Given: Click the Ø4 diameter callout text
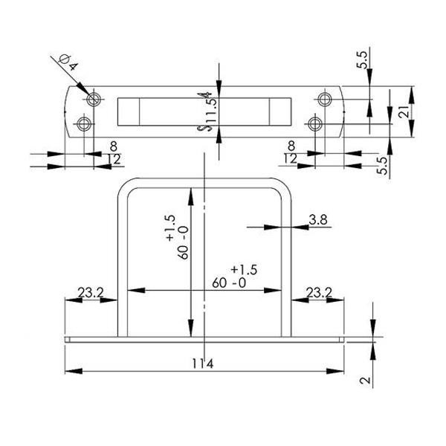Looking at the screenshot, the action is pyautogui.click(x=68, y=62).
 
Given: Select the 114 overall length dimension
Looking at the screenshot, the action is pyautogui.click(x=202, y=363).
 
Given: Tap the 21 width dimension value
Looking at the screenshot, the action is pyautogui.click(x=404, y=111).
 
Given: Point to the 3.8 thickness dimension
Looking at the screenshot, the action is pyautogui.click(x=318, y=219).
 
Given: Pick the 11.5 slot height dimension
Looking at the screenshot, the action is pyautogui.click(x=212, y=110).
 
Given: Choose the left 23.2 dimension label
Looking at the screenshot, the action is pyautogui.click(x=91, y=292).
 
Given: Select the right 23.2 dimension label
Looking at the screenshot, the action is pyautogui.click(x=319, y=292).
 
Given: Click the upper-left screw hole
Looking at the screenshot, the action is pyautogui.click(x=94, y=100).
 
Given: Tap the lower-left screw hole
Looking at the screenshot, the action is pyautogui.click(x=84, y=123).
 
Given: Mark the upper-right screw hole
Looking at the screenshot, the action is pyautogui.click(x=325, y=100).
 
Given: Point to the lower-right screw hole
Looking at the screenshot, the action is pyautogui.click(x=315, y=124).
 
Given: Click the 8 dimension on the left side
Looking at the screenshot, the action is pyautogui.click(x=113, y=146).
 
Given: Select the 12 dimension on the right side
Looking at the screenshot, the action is pyautogui.click(x=290, y=158).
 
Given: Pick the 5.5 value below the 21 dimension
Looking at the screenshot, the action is pyautogui.click(x=383, y=165).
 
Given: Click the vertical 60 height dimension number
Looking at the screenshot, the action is pyautogui.click(x=184, y=251).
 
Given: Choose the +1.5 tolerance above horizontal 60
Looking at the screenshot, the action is pyautogui.click(x=244, y=270).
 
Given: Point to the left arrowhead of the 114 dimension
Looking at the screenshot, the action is pyautogui.click(x=74, y=371).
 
